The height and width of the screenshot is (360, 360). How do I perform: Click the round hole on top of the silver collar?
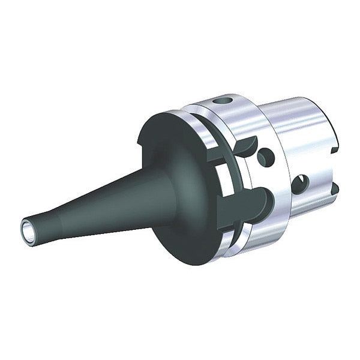[226, 99]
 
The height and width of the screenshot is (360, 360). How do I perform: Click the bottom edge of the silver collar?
[240, 243]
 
